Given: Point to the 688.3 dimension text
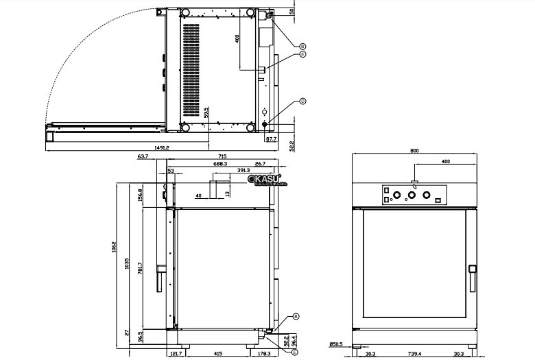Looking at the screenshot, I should pos(220,165).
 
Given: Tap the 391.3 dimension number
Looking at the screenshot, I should pos(243,169).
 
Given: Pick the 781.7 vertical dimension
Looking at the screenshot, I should pos(140,269).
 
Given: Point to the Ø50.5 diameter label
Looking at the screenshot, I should pos(336,346).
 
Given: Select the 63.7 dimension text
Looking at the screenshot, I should pos(143,157).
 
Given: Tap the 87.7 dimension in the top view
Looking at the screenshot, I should pos(271,139).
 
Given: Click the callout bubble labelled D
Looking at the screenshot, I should pos(302,101).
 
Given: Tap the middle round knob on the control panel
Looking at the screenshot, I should pos(412,195).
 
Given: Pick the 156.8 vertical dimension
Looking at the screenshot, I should pos(140,195).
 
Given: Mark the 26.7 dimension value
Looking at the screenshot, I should pos(260,165).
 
